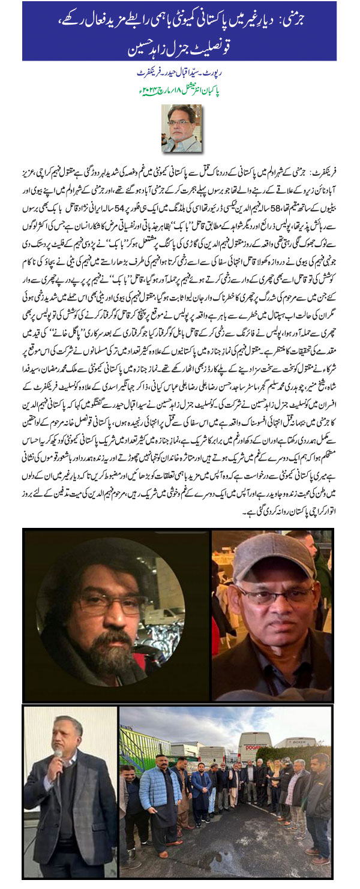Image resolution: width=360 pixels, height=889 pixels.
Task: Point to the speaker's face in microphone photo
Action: coord(70,737)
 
